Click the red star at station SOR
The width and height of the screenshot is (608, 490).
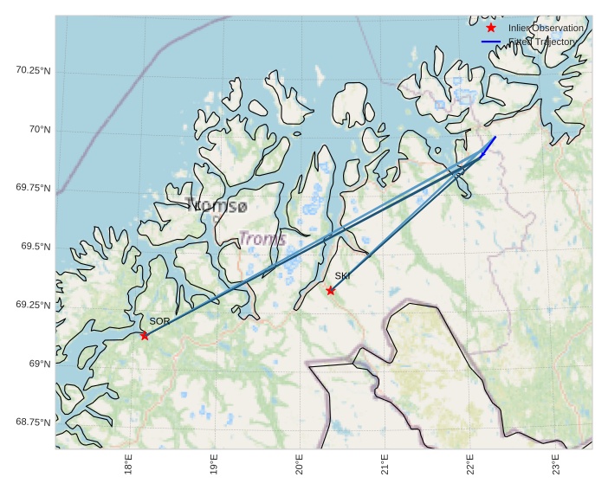pyautogui.click(x=145, y=335)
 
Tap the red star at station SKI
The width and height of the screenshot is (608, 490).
pyautogui.click(x=331, y=290)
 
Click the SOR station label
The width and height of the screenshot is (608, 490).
pyautogui.click(x=159, y=321)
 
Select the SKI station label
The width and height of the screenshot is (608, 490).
pyautogui.click(x=342, y=276)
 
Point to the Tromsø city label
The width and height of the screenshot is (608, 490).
pyautogui.click(x=217, y=206)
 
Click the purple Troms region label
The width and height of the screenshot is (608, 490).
pyautogui.click(x=262, y=238)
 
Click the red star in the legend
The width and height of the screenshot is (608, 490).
pyautogui.click(x=491, y=28)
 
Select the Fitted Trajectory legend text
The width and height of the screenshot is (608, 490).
pyautogui.click(x=542, y=42)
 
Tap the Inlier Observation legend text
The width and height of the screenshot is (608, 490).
pyautogui.click(x=546, y=28)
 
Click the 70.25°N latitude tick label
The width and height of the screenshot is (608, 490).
pyautogui.click(x=33, y=70)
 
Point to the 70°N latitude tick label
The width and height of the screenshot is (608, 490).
pyautogui.click(x=40, y=129)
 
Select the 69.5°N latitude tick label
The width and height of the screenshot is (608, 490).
pyautogui.click(x=36, y=247)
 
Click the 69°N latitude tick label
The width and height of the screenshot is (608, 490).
pyautogui.click(x=40, y=364)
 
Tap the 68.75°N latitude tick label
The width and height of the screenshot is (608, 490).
pyautogui.click(x=33, y=422)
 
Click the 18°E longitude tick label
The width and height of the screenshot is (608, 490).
pyautogui.click(x=128, y=465)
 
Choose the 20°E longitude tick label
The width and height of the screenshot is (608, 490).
pyautogui.click(x=299, y=465)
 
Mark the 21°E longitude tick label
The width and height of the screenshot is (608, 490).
pyautogui.click(x=385, y=465)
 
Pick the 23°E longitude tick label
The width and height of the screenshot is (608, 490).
pyautogui.click(x=555, y=465)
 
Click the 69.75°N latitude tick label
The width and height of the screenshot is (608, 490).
pyautogui.click(x=33, y=188)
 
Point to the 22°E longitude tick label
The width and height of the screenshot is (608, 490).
pyautogui.click(x=469, y=465)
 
